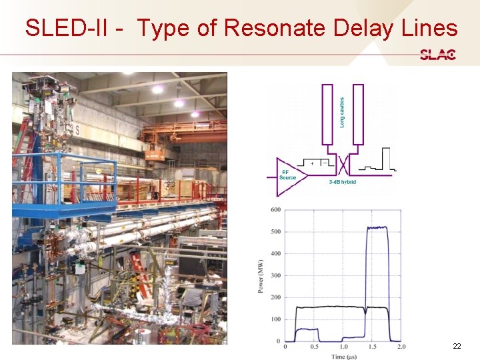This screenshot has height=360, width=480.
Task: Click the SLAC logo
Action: coord(437,55)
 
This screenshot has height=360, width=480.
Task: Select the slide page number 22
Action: coord(457,346)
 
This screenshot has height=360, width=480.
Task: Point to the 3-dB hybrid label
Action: coord(343,182)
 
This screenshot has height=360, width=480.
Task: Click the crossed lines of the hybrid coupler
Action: coord(343,163)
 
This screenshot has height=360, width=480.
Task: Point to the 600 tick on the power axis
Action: coord(275,210)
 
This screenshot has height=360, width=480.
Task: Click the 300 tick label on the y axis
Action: coord(275,275)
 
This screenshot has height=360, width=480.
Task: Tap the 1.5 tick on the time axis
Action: coord(372,347)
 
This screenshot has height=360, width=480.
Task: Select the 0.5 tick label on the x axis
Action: coord(314,347)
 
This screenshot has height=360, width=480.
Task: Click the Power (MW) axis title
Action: coord(260,275)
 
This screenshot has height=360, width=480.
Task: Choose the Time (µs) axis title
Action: coord(343,357)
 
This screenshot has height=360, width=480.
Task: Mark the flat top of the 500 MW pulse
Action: coord(377,228)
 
